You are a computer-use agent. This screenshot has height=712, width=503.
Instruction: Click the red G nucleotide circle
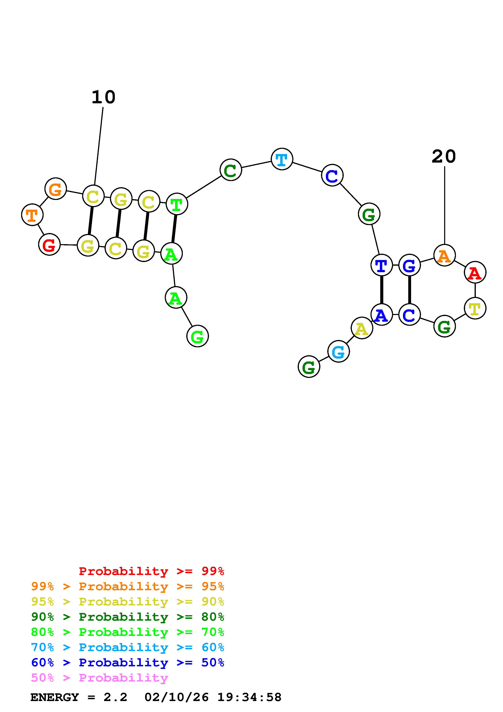pos(49,245)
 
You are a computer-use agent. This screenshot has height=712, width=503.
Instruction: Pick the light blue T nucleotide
pos(282,159)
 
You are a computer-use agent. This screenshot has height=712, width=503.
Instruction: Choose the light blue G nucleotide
pos(338,351)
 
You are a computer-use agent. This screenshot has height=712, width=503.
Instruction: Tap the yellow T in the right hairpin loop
pos(475,308)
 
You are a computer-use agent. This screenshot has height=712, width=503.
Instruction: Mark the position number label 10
pos(103,97)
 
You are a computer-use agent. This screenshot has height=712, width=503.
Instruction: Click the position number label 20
pos(444,157)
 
